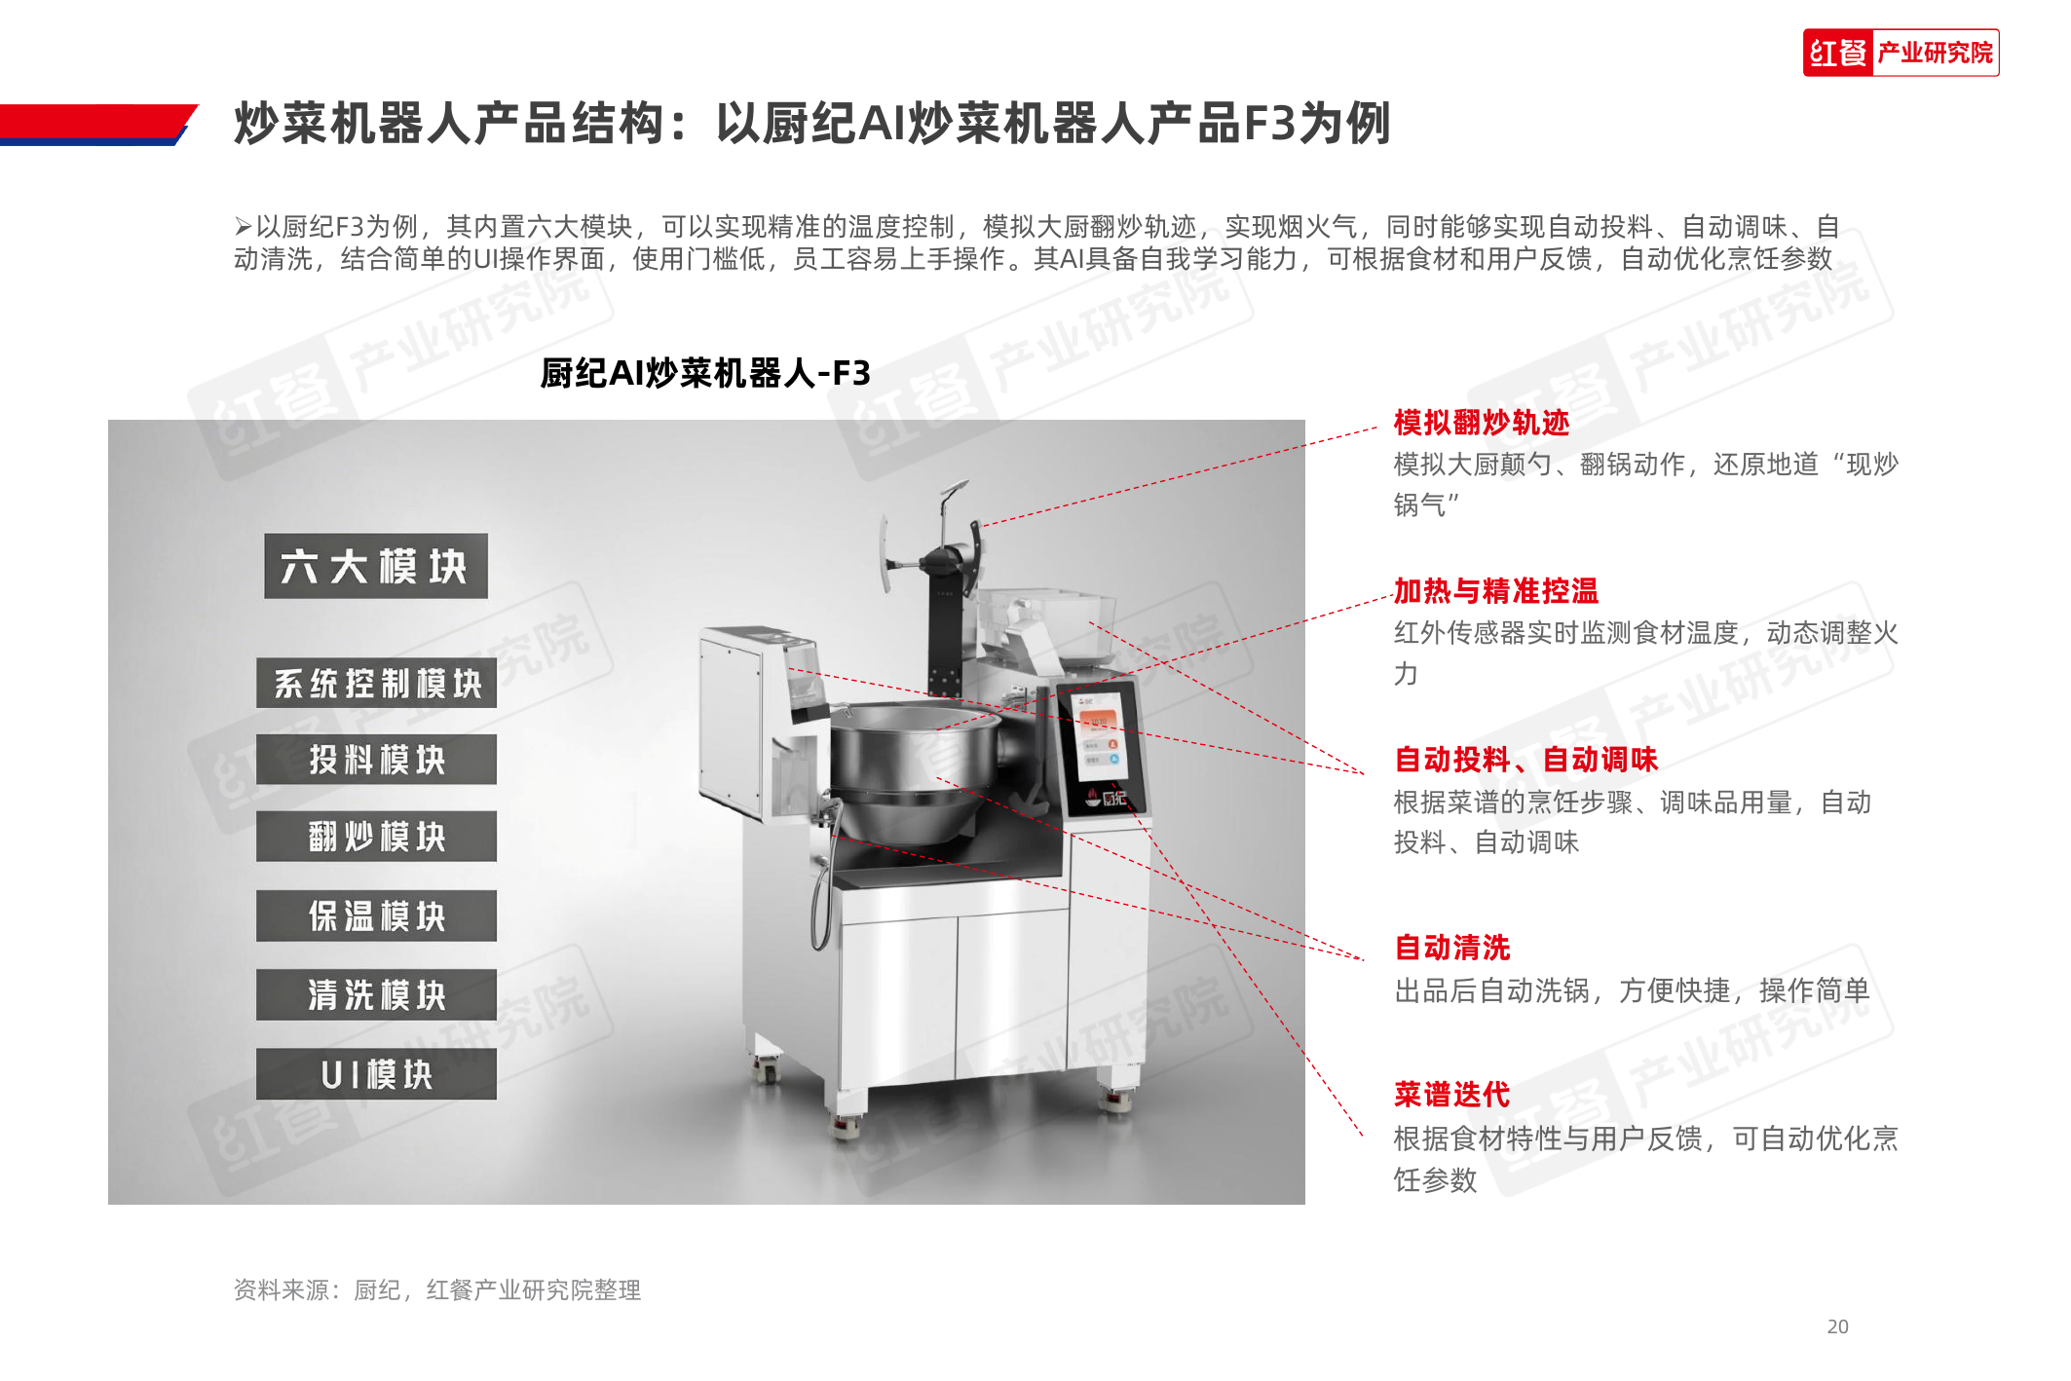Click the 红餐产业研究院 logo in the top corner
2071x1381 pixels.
click(1901, 53)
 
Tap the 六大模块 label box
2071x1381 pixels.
click(376, 566)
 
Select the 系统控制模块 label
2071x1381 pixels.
click(376, 683)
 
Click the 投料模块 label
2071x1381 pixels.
click(376, 760)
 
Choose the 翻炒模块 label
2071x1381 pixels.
click(376, 837)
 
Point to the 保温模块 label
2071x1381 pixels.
click(376, 915)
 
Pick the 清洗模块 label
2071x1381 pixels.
click(376, 994)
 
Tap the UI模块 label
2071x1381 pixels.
click(376, 1074)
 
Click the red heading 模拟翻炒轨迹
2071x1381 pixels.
click(1482, 423)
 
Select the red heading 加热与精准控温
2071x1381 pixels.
click(1496, 591)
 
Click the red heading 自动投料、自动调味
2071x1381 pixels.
click(1525, 760)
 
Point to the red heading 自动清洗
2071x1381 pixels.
click(1452, 948)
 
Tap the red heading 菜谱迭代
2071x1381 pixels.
click(1452, 1095)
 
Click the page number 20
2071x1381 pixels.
click(1837, 1326)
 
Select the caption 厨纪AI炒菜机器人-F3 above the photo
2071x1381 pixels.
click(705, 373)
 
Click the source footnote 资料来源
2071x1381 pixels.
click(437, 1290)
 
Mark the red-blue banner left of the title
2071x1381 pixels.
click(97, 125)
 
